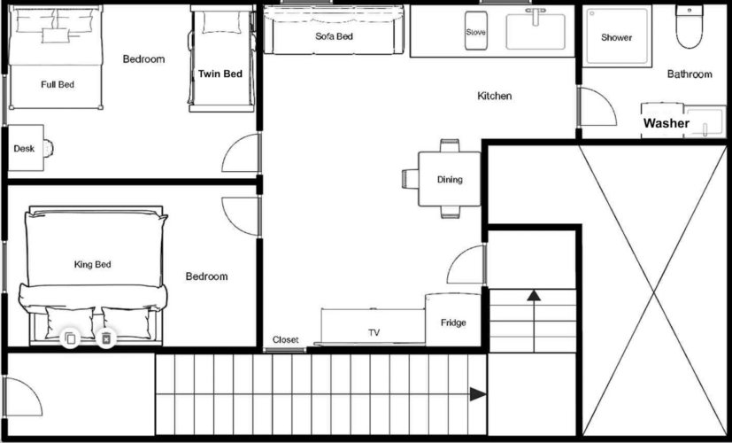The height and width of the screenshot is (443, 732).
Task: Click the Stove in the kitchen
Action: click(475, 30)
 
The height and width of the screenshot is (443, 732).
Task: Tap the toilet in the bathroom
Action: click(689, 27)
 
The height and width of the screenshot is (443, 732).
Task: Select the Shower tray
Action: click(617, 36)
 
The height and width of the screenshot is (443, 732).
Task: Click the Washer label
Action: click(667, 123)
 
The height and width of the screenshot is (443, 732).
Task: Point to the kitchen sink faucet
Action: click(536, 16)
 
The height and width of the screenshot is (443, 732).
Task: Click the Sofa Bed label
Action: click(334, 36)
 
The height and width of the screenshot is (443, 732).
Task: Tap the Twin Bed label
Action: click(220, 74)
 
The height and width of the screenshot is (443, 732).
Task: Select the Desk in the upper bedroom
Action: click(26, 148)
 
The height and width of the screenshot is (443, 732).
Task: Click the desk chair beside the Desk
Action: click(49, 148)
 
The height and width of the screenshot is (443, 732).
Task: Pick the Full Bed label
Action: click(58, 84)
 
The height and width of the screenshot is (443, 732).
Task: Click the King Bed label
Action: click(92, 265)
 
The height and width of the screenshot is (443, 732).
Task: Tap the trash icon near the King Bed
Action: click(106, 338)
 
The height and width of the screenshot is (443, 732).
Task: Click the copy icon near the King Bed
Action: click(70, 338)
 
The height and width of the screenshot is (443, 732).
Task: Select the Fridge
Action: click(453, 320)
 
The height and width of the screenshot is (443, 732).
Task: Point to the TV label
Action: click(374, 333)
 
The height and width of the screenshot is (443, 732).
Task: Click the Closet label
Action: click(285, 339)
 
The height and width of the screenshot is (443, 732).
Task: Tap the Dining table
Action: click(449, 179)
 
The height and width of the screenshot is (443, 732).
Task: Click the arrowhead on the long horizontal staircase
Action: click(478, 394)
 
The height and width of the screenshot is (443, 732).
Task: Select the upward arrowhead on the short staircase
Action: click(534, 295)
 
